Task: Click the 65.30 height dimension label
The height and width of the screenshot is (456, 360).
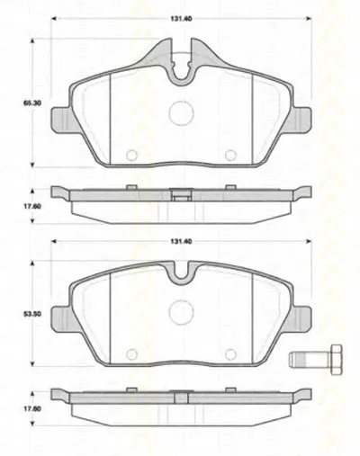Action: click(32, 103)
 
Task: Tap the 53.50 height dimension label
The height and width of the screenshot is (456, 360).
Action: click(32, 315)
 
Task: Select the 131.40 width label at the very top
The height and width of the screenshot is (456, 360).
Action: click(181, 19)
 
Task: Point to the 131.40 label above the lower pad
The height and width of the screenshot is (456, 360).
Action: click(181, 241)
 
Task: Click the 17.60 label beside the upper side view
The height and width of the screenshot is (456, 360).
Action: click(32, 207)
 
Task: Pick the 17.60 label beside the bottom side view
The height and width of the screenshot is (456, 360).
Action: click(32, 409)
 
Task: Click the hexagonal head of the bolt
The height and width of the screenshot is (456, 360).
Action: click(336, 359)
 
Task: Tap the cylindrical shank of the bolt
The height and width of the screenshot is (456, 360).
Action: click(310, 360)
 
